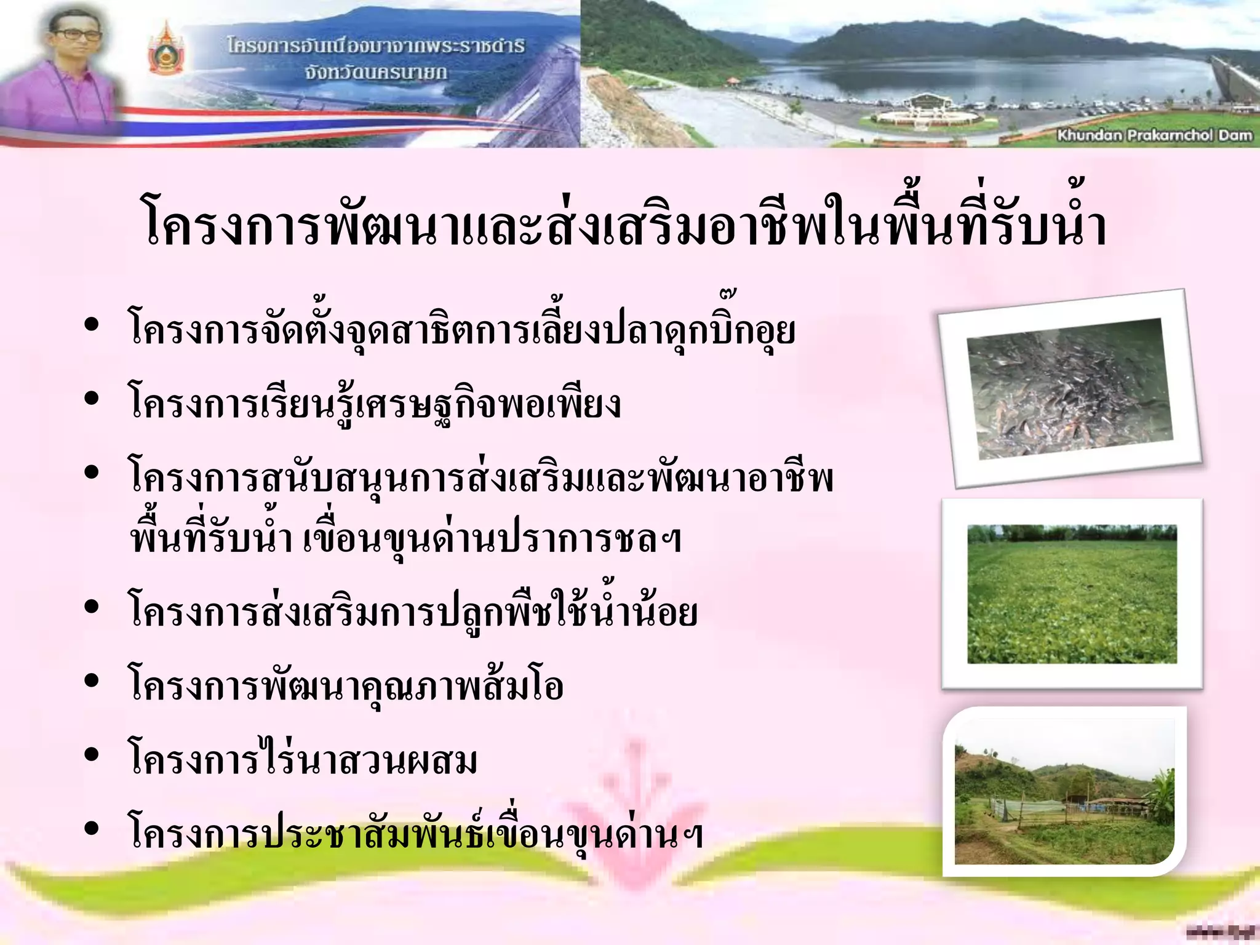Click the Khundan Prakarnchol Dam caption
coord(1154,135)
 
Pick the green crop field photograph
coord(1072,594)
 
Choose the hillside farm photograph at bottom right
coord(1064,794)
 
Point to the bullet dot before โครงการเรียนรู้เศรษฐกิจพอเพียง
coord(92,399)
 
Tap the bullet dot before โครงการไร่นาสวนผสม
coord(92,755)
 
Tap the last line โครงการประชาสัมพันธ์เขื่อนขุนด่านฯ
coord(416,832)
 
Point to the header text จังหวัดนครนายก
coord(375,73)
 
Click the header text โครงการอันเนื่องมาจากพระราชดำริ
coord(375,46)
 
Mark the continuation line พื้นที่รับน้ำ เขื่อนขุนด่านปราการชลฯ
coord(406,539)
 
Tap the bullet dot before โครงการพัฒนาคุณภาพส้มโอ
coord(92,681)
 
